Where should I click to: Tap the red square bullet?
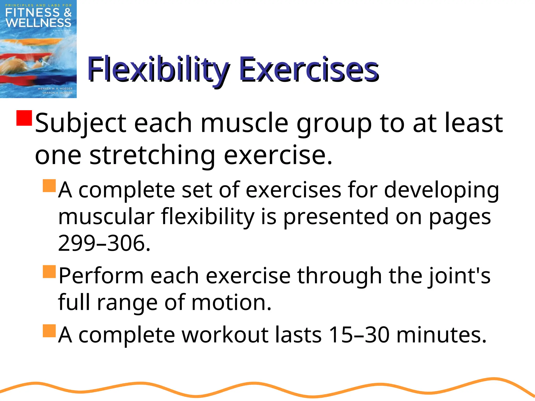(24, 118)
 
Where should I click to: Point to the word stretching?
(152, 156)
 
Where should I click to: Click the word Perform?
(101, 276)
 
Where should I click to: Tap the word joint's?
(459, 276)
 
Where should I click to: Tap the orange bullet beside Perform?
(49, 272)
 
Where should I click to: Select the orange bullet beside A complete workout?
(49, 331)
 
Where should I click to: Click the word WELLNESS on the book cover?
(38, 23)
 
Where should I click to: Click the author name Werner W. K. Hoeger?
(55, 89)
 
